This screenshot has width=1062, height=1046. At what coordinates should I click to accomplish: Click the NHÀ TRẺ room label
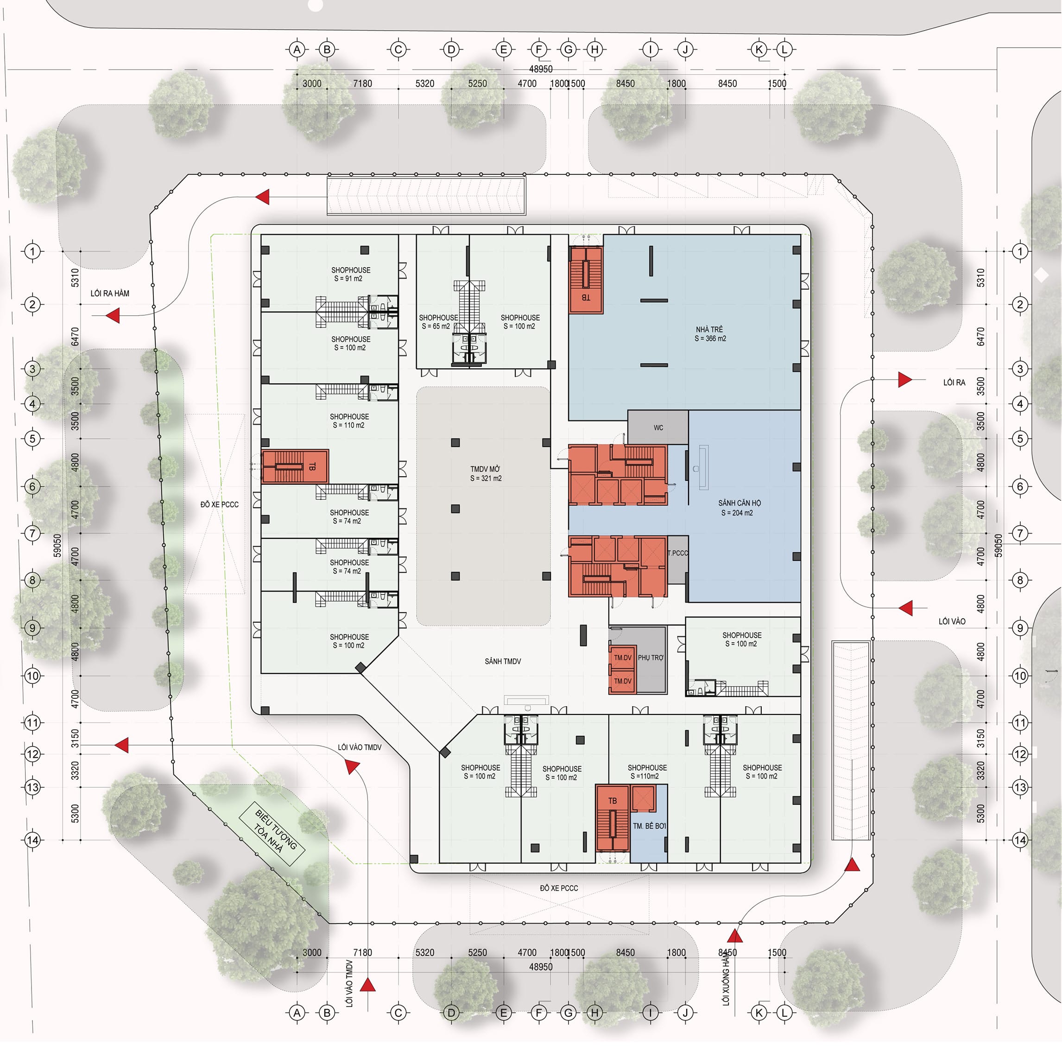(709, 334)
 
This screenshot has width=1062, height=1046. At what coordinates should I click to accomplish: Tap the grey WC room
(658, 427)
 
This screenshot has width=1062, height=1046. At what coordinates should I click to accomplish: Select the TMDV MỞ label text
(486, 473)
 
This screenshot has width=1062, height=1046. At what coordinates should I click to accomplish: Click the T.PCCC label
(677, 553)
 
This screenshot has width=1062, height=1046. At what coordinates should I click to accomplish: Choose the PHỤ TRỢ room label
(651, 657)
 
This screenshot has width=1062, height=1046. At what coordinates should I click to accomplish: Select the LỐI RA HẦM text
(110, 293)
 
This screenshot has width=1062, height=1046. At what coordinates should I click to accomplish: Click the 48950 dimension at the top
(540, 69)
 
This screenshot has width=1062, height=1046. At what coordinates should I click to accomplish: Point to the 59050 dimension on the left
(57, 545)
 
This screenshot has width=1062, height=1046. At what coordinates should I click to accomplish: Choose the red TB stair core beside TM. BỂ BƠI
(612, 817)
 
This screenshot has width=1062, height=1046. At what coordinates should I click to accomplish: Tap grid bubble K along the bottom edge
(759, 1013)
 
